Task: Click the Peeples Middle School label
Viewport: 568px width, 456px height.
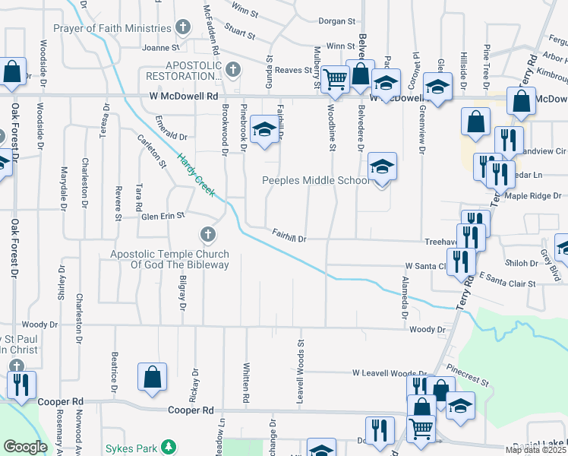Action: [x=316, y=181]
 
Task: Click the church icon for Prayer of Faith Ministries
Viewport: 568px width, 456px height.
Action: [x=182, y=28]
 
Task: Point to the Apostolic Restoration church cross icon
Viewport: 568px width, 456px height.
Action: [x=232, y=70]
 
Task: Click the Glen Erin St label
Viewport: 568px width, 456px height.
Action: [x=163, y=216]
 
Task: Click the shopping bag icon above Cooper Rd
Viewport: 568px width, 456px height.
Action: [x=152, y=377]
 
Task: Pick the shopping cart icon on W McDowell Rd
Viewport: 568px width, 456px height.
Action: [x=334, y=78]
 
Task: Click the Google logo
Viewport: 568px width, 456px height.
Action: [x=25, y=448]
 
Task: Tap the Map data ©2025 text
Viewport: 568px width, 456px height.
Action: [x=536, y=451]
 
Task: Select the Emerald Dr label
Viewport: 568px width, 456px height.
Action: [x=171, y=137]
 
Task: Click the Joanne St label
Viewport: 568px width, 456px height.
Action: [x=159, y=47]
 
